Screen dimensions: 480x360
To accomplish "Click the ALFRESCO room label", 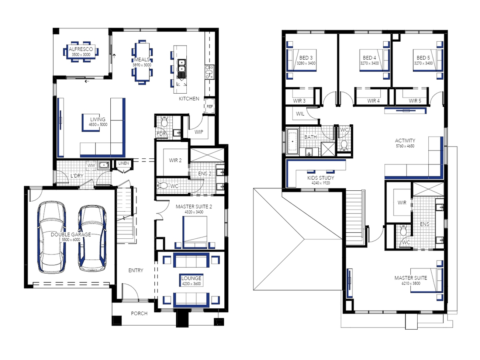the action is point(81,49).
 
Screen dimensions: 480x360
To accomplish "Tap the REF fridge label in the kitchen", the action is point(210,106).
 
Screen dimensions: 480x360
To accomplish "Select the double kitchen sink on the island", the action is point(182,66).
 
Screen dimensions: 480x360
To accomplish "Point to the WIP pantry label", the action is point(198,132).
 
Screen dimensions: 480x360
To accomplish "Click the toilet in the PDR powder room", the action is point(164,122).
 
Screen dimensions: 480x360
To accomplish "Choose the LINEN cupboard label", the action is point(124,163).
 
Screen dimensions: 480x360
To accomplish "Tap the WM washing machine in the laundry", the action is point(91,165).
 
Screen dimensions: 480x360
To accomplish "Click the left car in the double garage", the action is point(51,237).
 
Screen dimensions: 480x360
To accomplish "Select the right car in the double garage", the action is point(92,239).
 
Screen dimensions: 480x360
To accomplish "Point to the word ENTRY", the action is point(136,270).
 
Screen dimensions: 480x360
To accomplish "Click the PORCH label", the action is point(139,313).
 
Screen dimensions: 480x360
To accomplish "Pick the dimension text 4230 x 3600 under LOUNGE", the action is point(191,284).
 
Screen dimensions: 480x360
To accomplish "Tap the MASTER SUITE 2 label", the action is point(194,206).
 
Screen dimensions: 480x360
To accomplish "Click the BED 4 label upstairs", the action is point(369,58).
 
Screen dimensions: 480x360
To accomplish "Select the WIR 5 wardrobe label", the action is point(415,101).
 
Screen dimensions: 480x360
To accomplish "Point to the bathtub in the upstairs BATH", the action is point(292,142).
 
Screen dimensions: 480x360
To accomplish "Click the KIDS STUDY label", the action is point(320,178).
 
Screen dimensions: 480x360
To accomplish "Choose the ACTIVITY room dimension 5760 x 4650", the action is point(405,146).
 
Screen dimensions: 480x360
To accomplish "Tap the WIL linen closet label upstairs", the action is point(300,114).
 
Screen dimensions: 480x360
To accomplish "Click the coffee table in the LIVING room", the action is point(91,123).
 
